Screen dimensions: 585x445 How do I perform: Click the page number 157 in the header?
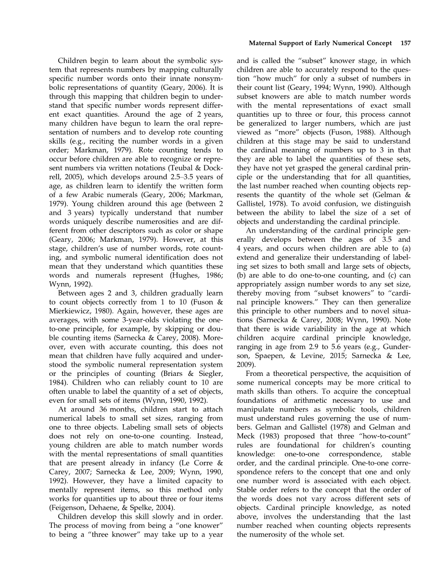click(x=405, y=43)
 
